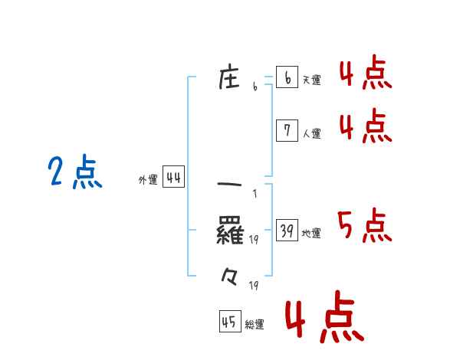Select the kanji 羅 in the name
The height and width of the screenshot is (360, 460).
point(230,230)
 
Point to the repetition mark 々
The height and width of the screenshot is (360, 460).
point(229,274)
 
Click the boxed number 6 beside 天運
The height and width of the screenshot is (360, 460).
point(287,77)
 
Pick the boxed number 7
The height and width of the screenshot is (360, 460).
point(287,131)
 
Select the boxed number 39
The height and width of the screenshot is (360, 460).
point(287,231)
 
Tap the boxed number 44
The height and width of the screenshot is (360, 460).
point(173,178)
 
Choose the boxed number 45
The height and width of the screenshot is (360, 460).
point(229,322)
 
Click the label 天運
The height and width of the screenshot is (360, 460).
point(311,80)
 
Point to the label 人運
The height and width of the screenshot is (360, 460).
point(311,133)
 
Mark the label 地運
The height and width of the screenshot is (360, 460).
point(311,233)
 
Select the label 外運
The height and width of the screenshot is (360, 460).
point(148,180)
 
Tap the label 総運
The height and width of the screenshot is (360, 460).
point(255,324)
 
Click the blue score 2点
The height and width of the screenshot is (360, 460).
point(75,172)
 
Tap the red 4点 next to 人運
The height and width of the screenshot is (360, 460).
point(365,126)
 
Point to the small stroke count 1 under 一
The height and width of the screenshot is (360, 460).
point(254,194)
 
